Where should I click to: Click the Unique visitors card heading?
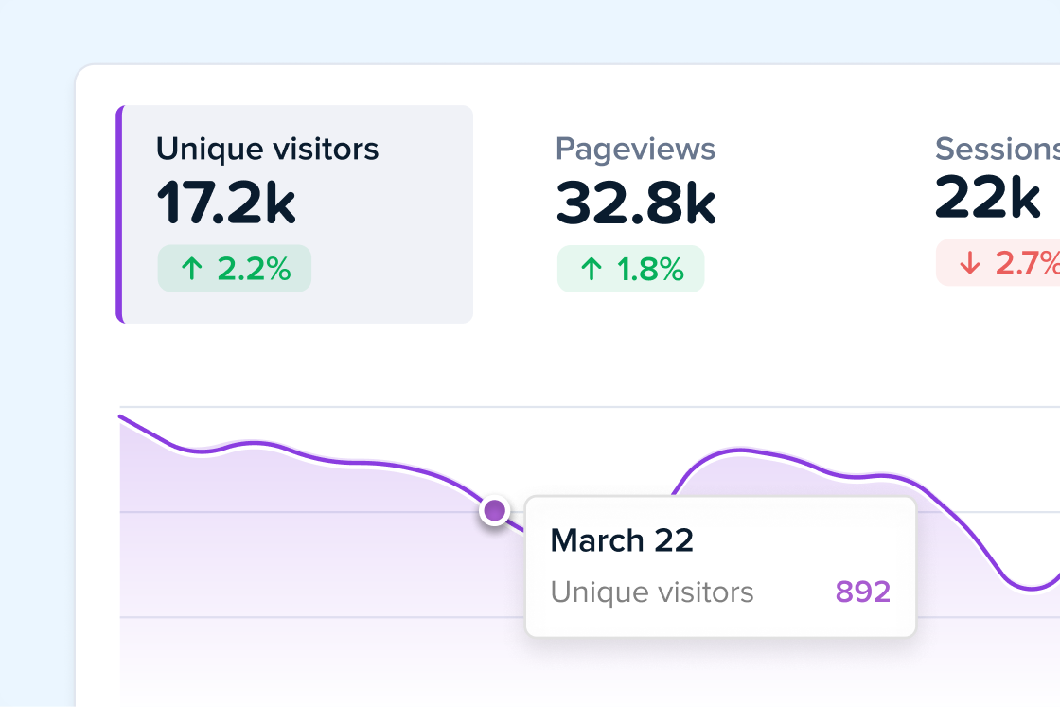pyautogui.click(x=267, y=150)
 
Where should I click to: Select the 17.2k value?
pyautogui.click(x=226, y=203)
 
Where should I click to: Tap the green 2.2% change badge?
pyautogui.click(x=235, y=269)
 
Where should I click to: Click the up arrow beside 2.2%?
pyautogui.click(x=192, y=269)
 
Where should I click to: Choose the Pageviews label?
pyautogui.click(x=635, y=150)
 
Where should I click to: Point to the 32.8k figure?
pyautogui.click(x=635, y=203)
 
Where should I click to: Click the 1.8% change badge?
pyautogui.click(x=630, y=269)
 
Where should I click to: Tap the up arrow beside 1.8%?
pyautogui.click(x=592, y=269)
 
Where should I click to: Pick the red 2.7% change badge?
pyautogui.click(x=999, y=263)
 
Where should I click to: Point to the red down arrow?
pyautogui.click(x=969, y=263)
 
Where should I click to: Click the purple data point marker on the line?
pyautogui.click(x=494, y=511)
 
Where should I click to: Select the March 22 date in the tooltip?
pyautogui.click(x=622, y=540)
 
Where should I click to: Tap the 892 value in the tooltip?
pyautogui.click(x=862, y=592)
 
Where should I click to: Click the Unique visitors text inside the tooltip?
pyautogui.click(x=652, y=592)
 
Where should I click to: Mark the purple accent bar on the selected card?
pyautogui.click(x=120, y=214)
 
